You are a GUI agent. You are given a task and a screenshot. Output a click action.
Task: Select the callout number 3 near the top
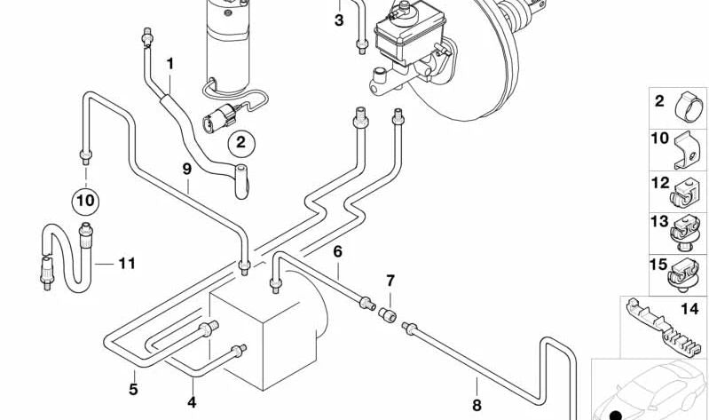tap(338, 20)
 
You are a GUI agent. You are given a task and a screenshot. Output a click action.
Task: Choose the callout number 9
tap(186, 168)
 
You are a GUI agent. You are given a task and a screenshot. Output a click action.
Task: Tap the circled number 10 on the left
tap(85, 201)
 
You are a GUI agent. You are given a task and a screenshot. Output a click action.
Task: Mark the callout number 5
tap(133, 388)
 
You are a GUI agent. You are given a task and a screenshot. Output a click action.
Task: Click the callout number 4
tap(191, 402)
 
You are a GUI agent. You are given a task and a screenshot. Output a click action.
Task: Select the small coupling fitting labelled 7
tap(387, 314)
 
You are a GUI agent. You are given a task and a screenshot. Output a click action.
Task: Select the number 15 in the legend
tap(658, 265)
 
